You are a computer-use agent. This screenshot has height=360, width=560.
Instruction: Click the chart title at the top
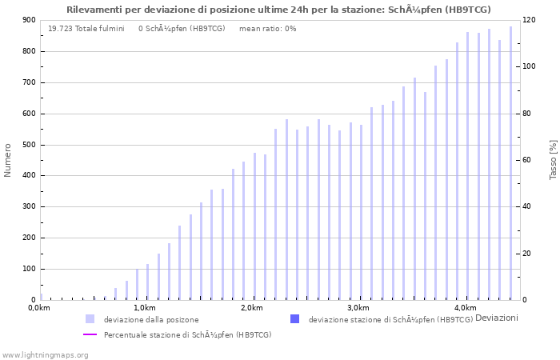coord(279,10)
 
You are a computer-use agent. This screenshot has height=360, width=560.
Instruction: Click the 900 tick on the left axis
coord(29,21)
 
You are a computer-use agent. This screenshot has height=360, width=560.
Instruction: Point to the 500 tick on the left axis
coord(29,145)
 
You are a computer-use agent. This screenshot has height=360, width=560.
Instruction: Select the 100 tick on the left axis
coord(29,269)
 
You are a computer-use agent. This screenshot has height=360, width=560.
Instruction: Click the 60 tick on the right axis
coord(527,160)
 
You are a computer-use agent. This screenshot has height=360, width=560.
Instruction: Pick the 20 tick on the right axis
coord(527,254)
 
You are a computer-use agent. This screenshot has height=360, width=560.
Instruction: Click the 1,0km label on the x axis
coord(144,308)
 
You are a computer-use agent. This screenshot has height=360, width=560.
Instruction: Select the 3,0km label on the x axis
coord(358,308)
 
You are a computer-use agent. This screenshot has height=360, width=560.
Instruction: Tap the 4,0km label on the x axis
coord(465,308)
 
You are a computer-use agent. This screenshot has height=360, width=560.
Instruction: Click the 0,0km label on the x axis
coord(38,308)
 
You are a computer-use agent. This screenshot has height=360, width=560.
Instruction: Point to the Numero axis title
coord(8,160)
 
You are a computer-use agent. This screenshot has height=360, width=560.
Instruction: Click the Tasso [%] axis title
coord(553,160)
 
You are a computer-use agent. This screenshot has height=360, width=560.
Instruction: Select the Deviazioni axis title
coord(496,318)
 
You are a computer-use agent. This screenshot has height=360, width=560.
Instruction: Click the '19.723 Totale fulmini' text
coord(86,29)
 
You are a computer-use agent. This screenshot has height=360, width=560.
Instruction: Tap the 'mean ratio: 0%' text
coord(267,29)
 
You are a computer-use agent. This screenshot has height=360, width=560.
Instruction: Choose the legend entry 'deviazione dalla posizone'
coord(150,319)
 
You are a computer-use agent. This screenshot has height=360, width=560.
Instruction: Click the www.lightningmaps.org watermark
coord(45,354)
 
